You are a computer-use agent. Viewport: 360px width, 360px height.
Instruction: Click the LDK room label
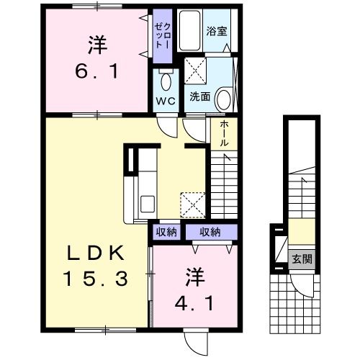[x=97, y=253]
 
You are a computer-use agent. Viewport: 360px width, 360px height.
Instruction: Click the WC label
[x=165, y=101]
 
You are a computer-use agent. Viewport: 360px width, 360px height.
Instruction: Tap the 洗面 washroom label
[x=199, y=96]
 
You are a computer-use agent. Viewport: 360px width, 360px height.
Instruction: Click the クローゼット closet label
[x=161, y=33]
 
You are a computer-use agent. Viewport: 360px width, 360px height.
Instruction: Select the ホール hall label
[x=223, y=133]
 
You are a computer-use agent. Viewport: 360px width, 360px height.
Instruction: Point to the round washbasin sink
[x=223, y=98]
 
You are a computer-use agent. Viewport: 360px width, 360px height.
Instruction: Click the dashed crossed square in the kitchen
[x=191, y=202]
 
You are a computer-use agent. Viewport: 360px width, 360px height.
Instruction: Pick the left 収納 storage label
[x=166, y=232]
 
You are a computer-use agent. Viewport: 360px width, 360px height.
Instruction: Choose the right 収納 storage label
[x=210, y=232]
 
